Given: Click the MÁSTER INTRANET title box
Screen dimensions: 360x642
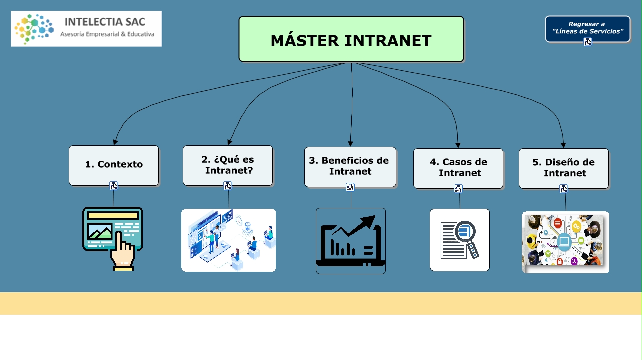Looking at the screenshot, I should [x=351, y=39].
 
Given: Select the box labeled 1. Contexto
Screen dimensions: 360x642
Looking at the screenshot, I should [x=114, y=165].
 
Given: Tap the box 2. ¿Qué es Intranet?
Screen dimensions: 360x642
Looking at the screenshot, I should [x=228, y=165].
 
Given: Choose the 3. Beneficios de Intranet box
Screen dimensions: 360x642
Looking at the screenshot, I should [x=350, y=167].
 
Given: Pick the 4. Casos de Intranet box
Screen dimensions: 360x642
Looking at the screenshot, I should [x=458, y=168].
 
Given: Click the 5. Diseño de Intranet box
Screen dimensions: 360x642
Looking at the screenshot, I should [x=563, y=168].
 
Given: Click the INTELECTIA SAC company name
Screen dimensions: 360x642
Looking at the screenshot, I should [x=105, y=22].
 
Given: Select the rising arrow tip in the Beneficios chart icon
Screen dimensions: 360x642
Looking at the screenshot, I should [x=370, y=220].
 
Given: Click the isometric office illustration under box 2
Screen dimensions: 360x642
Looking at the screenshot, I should [x=228, y=240].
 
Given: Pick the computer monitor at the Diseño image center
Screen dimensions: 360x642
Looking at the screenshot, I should [x=564, y=242].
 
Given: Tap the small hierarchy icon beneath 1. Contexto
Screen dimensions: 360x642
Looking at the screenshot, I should [x=114, y=186].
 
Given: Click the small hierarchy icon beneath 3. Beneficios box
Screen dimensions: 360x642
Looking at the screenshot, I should [x=350, y=187].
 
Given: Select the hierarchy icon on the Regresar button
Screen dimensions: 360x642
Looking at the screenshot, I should [x=588, y=42].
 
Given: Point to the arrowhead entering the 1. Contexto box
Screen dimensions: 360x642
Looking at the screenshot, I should [x=116, y=142].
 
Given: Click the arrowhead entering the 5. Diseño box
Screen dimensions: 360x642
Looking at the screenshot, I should [x=563, y=145].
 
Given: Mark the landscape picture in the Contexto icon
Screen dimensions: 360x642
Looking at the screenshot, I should [x=99, y=231].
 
